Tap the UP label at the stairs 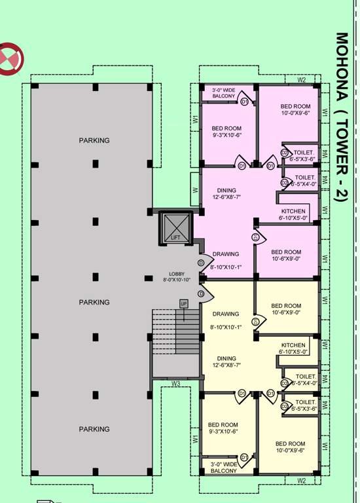184,304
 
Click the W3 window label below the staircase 175,383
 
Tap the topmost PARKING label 94,140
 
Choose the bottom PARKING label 94,429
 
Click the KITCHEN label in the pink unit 292,211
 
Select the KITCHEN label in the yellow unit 293,345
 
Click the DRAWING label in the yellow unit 226,314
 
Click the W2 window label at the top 302,80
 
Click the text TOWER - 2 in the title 340,157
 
